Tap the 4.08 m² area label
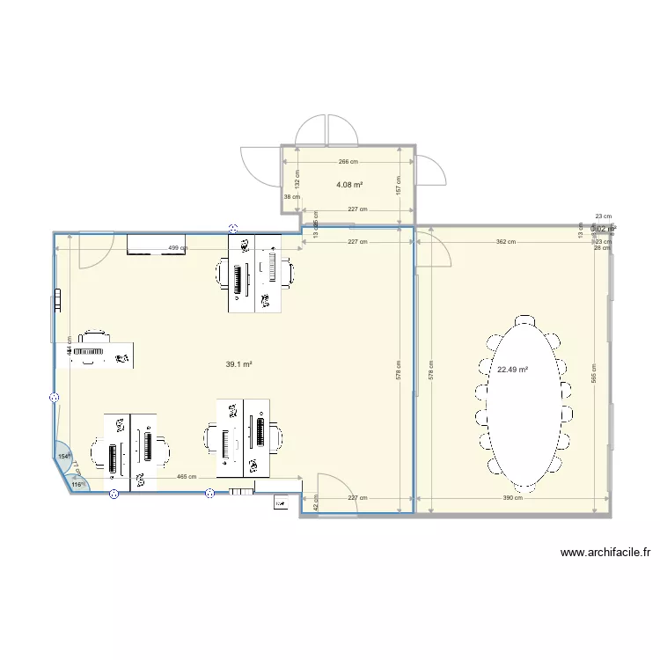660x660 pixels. [x=349, y=185]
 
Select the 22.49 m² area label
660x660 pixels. [x=512, y=370]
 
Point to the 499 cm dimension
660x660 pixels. [x=177, y=248]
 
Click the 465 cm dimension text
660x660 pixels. [x=187, y=477]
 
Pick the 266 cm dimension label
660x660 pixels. [x=348, y=161]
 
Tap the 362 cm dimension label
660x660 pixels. [x=505, y=241]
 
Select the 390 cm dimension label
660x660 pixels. [x=513, y=498]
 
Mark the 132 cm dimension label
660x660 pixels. [x=297, y=180]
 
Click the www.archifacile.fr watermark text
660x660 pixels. [x=605, y=554]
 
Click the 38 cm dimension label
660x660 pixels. [x=291, y=197]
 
